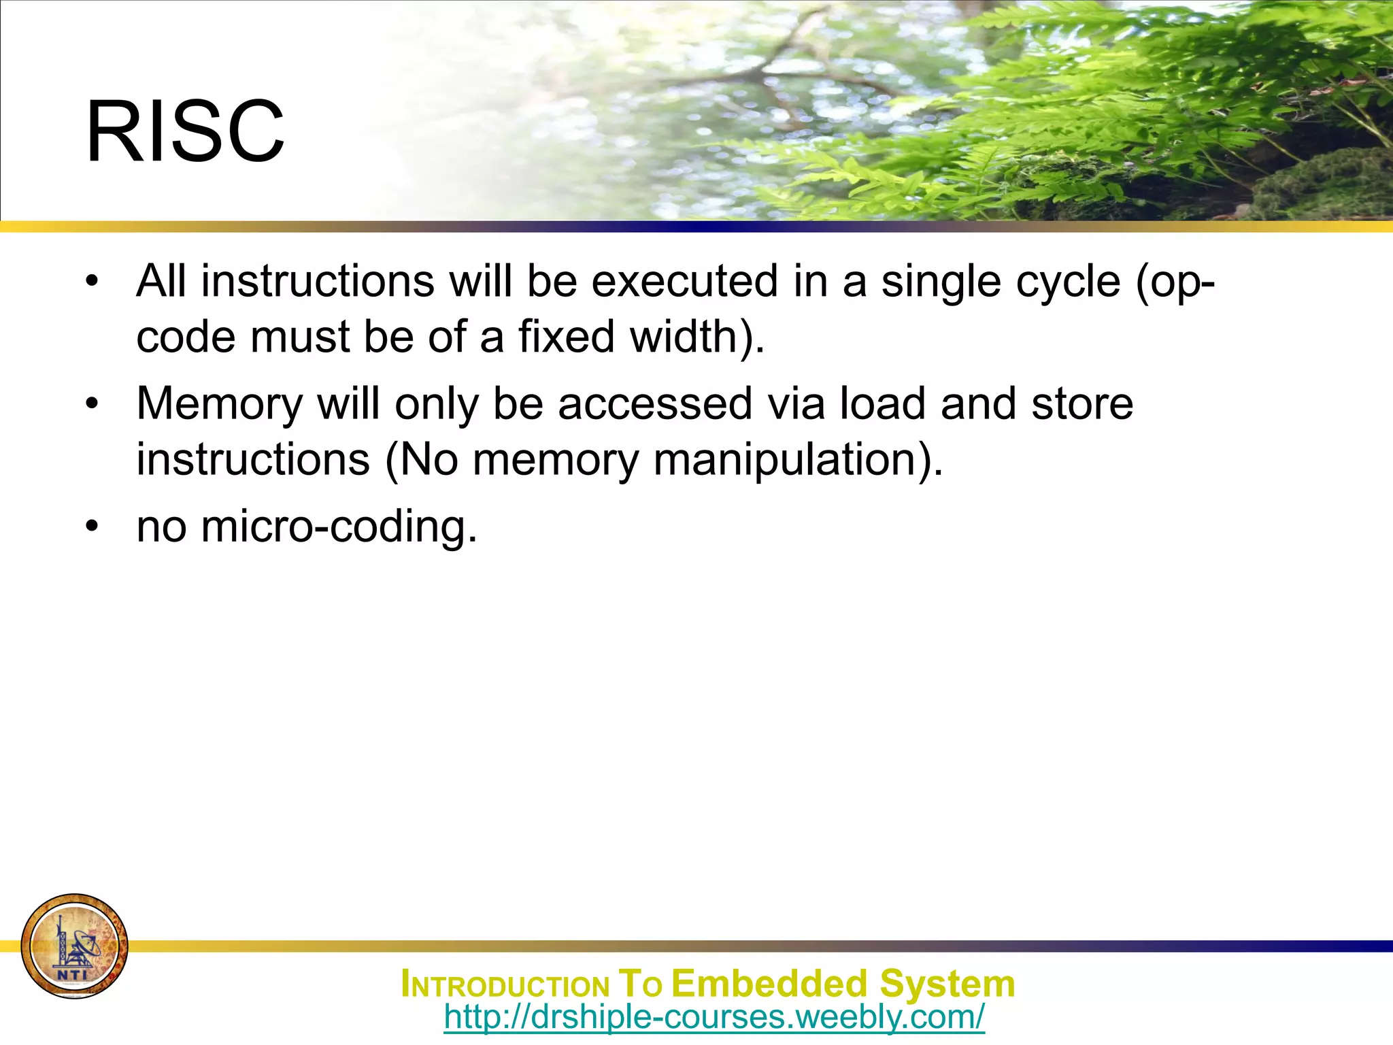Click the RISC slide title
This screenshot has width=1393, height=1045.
(x=185, y=131)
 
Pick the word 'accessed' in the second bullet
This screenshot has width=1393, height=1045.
(x=655, y=404)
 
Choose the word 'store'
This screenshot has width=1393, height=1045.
(x=1082, y=404)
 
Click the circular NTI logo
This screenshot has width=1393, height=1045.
(x=75, y=946)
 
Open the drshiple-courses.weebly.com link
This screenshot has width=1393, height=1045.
(x=714, y=1017)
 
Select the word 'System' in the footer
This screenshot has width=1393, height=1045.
(x=947, y=984)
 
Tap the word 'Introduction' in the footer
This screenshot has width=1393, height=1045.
(x=505, y=985)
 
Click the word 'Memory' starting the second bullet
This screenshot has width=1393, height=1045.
(x=219, y=404)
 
